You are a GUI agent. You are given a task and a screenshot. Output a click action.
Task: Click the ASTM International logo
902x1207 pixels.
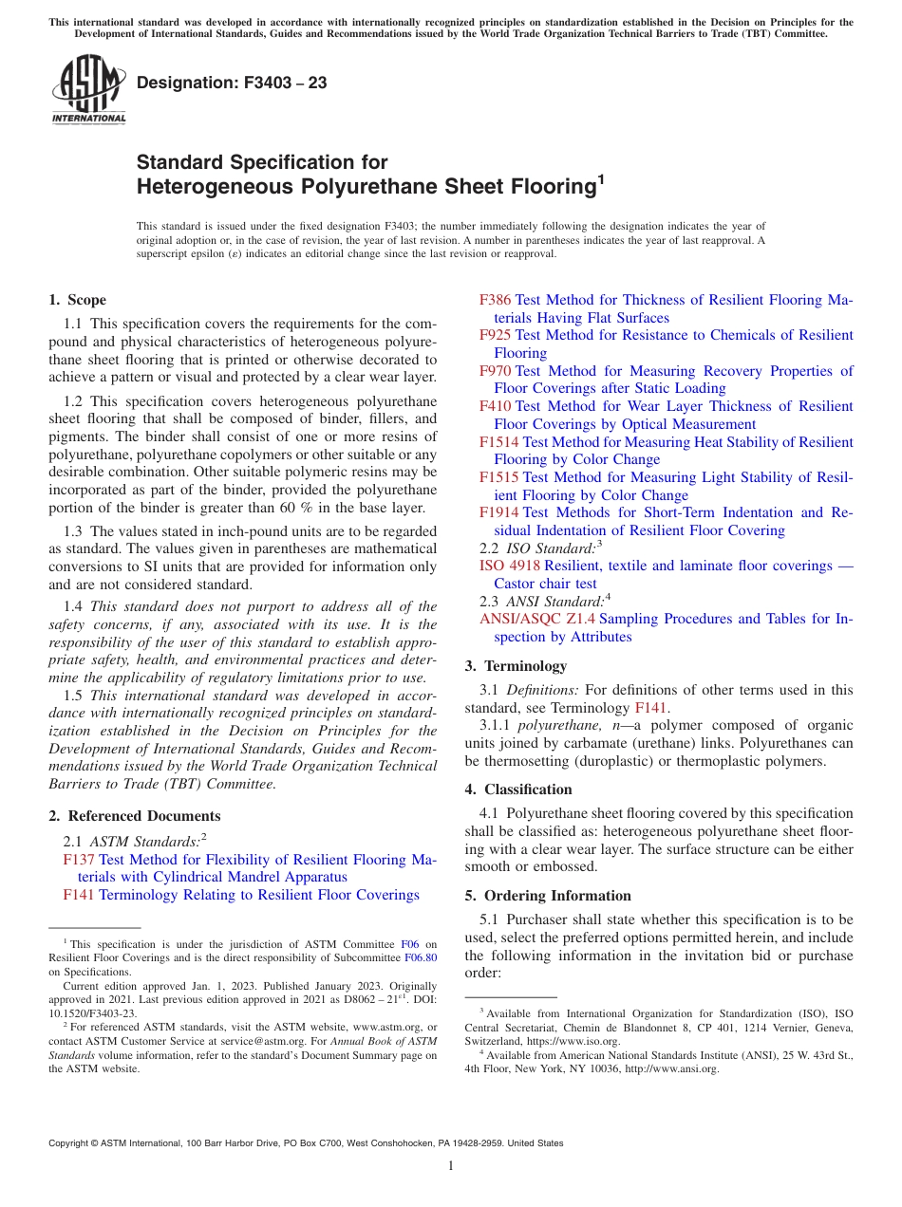pyautogui.click(x=88, y=89)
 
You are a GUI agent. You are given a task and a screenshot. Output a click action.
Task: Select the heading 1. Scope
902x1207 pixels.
pyautogui.click(x=77, y=300)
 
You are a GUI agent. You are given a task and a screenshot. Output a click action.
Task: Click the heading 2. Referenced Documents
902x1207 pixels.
pyautogui.click(x=134, y=816)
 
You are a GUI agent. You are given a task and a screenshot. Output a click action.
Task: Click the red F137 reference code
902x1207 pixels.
pyautogui.click(x=78, y=860)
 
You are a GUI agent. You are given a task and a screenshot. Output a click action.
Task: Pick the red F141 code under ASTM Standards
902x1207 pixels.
pyautogui.click(x=78, y=895)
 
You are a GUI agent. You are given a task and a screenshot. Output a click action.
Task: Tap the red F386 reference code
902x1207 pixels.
pyautogui.click(x=495, y=300)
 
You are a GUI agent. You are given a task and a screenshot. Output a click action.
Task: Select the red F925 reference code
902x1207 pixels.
pyautogui.click(x=495, y=335)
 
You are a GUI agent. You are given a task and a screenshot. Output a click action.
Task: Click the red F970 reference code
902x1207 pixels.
pyautogui.click(x=495, y=371)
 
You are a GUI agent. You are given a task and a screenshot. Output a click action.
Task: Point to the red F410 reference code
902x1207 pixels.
pyautogui.click(x=495, y=406)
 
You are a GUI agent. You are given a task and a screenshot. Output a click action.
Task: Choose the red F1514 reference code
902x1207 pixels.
pyautogui.click(x=498, y=442)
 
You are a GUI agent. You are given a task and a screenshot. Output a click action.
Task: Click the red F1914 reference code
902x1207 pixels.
pyautogui.click(x=498, y=512)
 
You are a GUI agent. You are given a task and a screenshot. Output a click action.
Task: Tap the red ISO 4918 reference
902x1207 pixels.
pyautogui.click(x=509, y=566)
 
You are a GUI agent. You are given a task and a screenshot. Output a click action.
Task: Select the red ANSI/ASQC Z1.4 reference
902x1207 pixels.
pyautogui.click(x=537, y=619)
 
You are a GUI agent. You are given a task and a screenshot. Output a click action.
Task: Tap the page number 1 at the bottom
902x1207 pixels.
pyautogui.click(x=451, y=1165)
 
